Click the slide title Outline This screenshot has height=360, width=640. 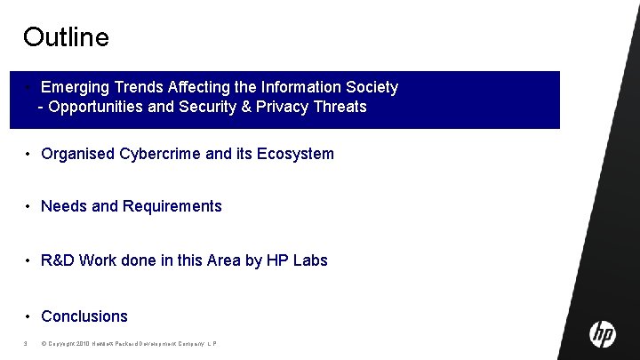(66, 37)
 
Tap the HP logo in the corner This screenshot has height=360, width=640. (602, 333)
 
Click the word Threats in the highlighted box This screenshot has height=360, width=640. (338, 107)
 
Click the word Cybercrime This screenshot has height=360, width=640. (158, 154)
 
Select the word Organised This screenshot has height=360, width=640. (77, 154)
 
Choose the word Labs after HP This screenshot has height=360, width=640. (310, 260)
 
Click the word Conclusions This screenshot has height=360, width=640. (84, 316)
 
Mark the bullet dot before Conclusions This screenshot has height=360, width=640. (29, 316)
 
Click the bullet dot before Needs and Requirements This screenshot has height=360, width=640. (29, 206)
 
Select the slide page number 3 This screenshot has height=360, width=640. (27, 344)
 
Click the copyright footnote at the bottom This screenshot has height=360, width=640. (129, 344)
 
